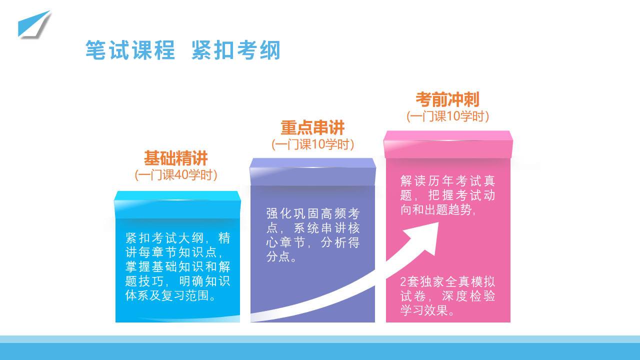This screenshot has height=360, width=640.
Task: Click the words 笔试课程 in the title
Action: [x=130, y=50]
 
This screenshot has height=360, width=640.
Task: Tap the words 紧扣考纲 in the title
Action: [x=236, y=50]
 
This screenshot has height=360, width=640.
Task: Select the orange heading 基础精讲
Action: [x=175, y=158]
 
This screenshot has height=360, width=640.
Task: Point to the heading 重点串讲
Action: [x=312, y=127]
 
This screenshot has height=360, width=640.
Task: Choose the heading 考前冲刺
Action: [x=447, y=99]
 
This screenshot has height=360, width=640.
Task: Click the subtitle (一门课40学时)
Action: [x=176, y=175]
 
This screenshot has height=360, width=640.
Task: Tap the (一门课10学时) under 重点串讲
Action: [x=312, y=144]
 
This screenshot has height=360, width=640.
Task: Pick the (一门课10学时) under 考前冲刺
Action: [x=447, y=116]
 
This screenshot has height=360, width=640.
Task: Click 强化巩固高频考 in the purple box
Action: [x=313, y=213]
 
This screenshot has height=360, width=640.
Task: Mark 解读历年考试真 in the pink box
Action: [x=447, y=181]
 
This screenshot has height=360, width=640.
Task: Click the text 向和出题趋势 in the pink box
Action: [x=435, y=209]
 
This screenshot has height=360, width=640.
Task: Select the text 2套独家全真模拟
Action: [x=447, y=281]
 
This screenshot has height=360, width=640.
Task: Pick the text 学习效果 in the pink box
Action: [x=424, y=310]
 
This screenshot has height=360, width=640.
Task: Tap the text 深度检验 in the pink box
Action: [x=468, y=296]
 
